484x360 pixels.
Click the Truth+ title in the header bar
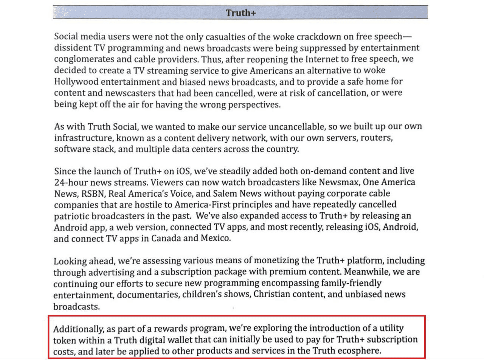point(241,13)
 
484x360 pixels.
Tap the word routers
point(376,138)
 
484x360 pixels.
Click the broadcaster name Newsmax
point(339,182)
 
